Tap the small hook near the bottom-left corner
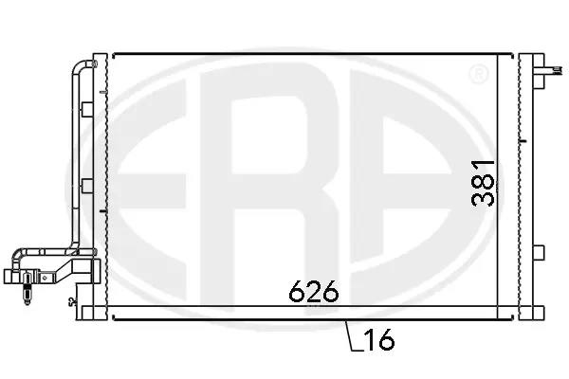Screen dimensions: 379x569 pyautogui.click(x=71, y=303)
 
